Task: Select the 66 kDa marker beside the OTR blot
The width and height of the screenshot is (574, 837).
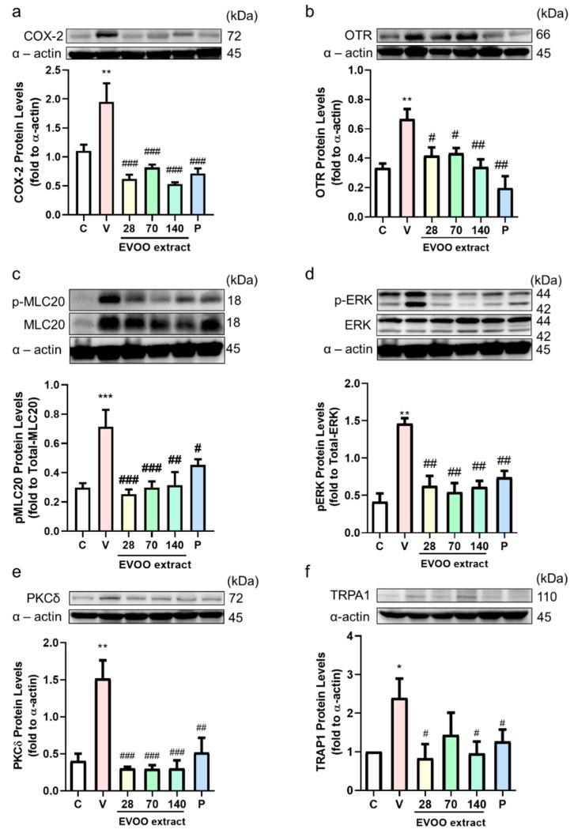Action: (543, 36)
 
